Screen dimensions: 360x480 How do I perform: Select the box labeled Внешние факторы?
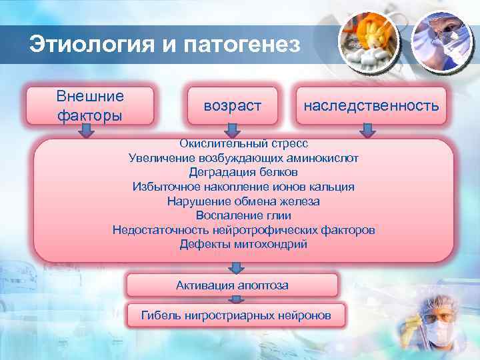pos(89,106)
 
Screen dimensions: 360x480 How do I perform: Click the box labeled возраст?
pos(233,106)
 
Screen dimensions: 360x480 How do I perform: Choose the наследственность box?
pos(371,106)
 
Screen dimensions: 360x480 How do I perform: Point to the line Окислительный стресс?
pos(243,143)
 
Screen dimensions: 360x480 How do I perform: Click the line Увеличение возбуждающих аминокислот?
pos(243,158)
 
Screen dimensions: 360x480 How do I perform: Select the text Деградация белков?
pos(243,172)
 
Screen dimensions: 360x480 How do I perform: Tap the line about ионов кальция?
pos(243,187)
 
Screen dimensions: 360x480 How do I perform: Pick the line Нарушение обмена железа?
pos(243,201)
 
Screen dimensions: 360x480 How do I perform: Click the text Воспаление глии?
pos(243,215)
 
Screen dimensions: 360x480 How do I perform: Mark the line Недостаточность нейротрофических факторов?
pos(243,230)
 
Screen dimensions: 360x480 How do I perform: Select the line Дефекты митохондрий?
pos(243,244)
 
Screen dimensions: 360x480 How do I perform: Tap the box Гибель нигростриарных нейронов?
pos(235,315)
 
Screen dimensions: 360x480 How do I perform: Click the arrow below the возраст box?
pos(233,132)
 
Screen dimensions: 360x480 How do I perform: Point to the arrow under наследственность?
pos(366,132)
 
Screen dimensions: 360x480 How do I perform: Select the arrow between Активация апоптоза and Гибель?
pos(235,300)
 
